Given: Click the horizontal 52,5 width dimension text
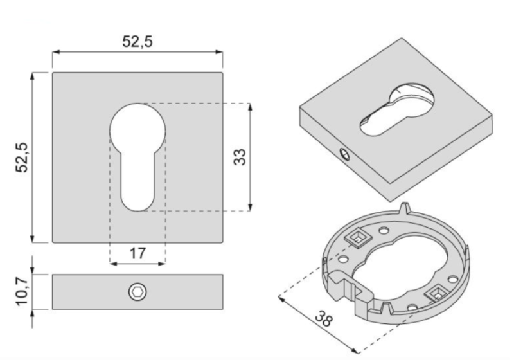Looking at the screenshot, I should tap(137, 42).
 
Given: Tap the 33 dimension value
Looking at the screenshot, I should tap(240, 157).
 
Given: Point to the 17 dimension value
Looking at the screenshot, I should tap(137, 253).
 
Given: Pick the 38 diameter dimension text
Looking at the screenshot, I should tap(324, 320).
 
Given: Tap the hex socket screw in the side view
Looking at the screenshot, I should tap(137, 292).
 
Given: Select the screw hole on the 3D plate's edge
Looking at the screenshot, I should tap(345, 154).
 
